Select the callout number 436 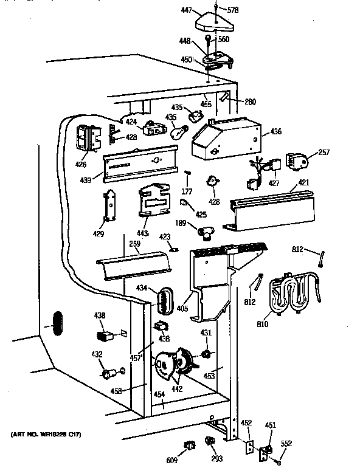click(x=277, y=131)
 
